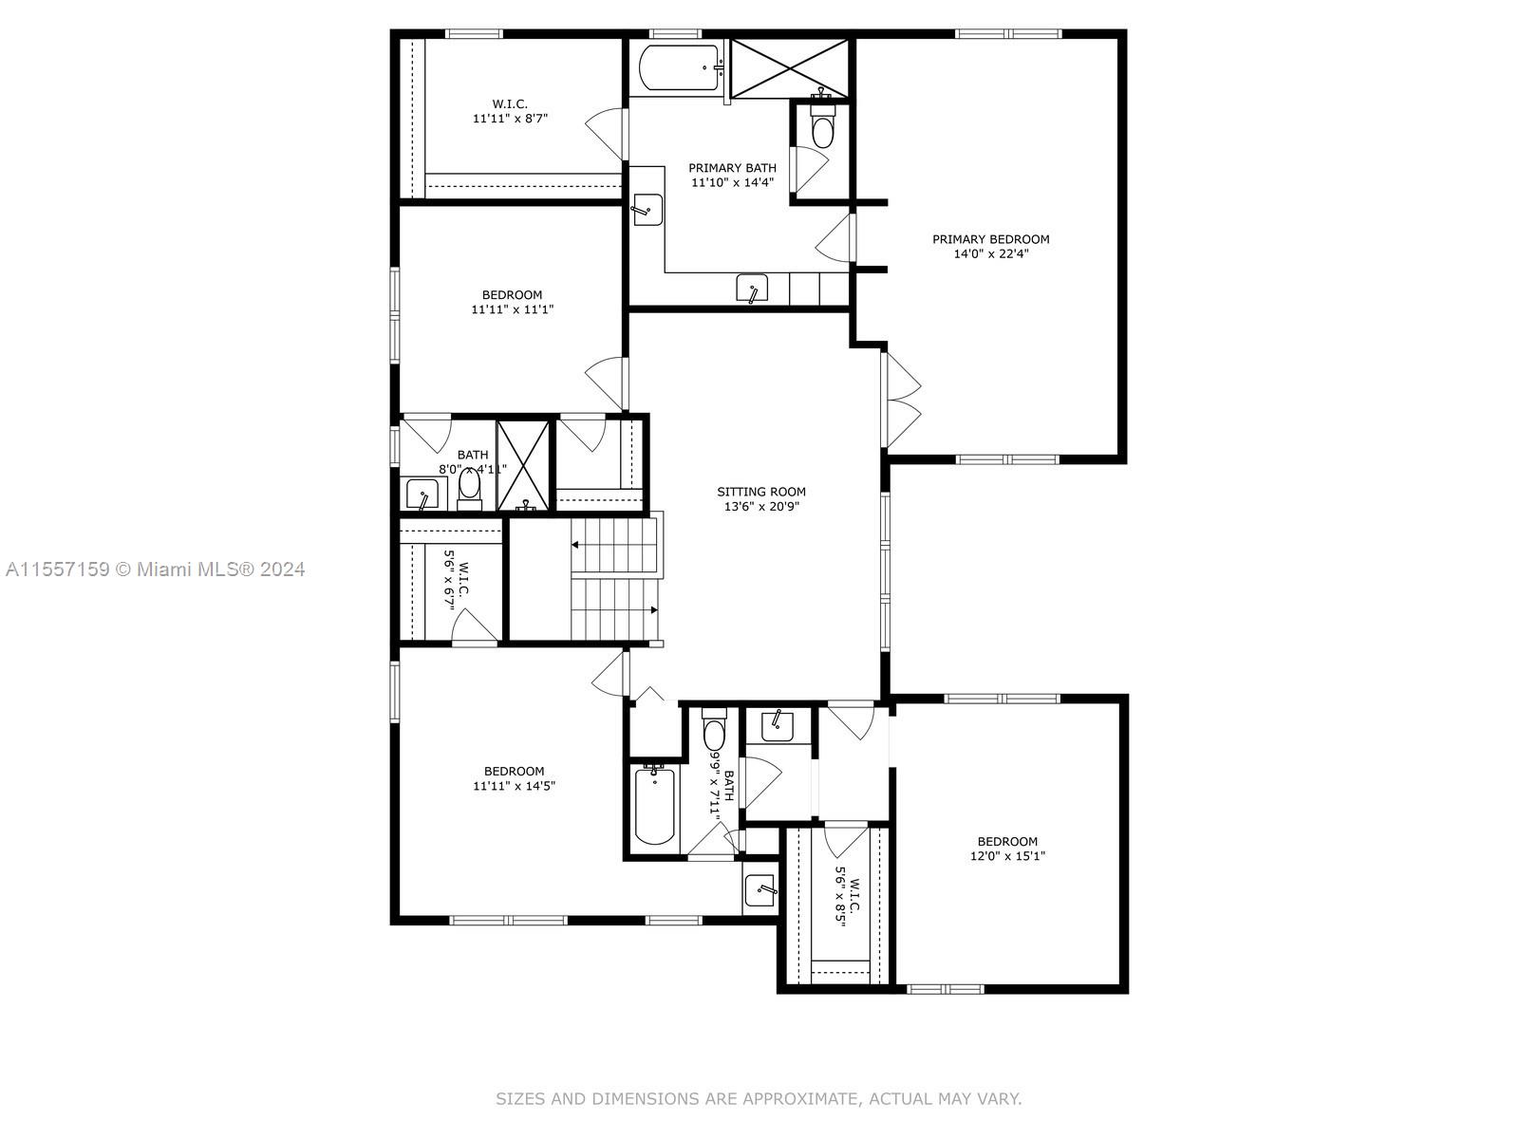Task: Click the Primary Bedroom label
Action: click(990, 239)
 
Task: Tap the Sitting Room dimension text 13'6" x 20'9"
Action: click(760, 507)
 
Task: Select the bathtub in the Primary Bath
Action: click(678, 67)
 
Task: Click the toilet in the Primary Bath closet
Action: click(822, 127)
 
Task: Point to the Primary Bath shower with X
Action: click(790, 67)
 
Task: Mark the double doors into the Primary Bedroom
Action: click(900, 399)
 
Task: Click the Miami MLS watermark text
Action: click(156, 569)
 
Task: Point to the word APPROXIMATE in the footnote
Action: click(799, 1099)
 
